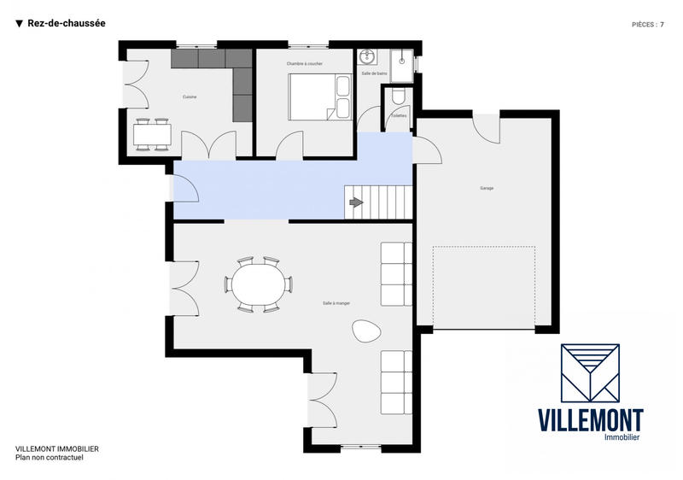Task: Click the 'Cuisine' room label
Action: [190, 97]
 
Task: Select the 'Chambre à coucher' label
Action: [304, 63]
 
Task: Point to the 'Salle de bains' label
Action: [374, 74]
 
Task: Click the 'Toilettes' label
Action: [398, 114]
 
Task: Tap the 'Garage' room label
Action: [487, 188]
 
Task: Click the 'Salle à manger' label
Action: [336, 302]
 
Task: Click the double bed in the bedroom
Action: [320, 97]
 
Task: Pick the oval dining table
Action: [258, 284]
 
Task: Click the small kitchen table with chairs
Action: [153, 134]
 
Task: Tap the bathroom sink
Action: [369, 57]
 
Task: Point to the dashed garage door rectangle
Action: [483, 286]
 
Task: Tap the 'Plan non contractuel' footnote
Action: [50, 457]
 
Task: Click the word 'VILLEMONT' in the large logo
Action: [590, 419]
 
